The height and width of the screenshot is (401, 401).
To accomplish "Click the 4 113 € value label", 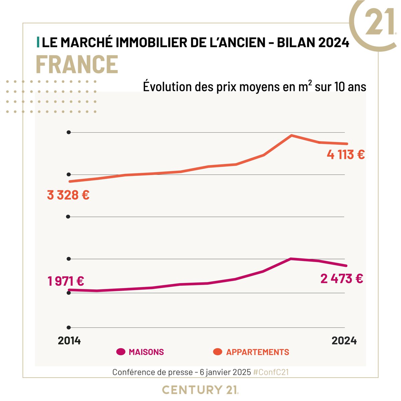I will click(x=346, y=155).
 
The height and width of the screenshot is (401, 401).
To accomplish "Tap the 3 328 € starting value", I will click(x=68, y=195).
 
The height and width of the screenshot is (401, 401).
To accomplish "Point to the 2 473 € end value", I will click(x=342, y=279).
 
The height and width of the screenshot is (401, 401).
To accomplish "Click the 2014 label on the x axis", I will click(x=69, y=341).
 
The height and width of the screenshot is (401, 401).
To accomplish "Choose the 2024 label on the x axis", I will click(x=344, y=341).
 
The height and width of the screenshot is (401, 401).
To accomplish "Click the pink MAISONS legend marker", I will click(x=121, y=352).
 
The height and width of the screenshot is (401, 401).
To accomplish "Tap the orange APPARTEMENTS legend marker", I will click(x=218, y=352).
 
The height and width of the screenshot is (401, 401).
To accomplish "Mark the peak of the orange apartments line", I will click(x=291, y=135).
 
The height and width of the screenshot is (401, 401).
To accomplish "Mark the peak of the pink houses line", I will click(x=291, y=259).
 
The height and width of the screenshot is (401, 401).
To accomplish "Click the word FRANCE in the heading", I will click(x=77, y=64).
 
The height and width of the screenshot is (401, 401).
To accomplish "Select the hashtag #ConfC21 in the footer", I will click(x=271, y=372).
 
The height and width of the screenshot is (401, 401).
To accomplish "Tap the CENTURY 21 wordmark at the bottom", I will click(x=200, y=390).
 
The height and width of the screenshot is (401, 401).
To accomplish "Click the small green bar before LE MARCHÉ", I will click(x=38, y=42).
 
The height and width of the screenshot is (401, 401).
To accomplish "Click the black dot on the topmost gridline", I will click(x=69, y=132).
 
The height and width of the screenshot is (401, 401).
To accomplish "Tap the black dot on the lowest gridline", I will click(x=69, y=327).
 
